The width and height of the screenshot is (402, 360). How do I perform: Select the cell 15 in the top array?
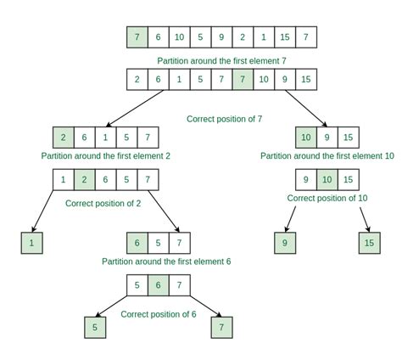(x=286, y=37)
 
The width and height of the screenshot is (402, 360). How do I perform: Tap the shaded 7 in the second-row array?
(x=243, y=79)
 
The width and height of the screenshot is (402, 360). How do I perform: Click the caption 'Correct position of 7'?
(x=225, y=119)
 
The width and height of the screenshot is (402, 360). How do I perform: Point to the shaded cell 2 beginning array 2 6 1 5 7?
(x=64, y=137)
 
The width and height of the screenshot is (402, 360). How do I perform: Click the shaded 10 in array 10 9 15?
(x=306, y=137)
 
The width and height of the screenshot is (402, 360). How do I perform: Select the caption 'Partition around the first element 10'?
(x=327, y=156)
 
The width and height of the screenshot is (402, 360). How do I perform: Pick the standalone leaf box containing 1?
(x=32, y=243)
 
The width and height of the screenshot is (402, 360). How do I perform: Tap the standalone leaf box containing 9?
(x=286, y=243)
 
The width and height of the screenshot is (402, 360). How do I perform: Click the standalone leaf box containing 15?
(x=370, y=243)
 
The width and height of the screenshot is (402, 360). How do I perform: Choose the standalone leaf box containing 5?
(x=96, y=327)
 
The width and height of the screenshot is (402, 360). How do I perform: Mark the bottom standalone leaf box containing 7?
(x=223, y=327)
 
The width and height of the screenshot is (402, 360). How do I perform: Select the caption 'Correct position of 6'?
(x=159, y=313)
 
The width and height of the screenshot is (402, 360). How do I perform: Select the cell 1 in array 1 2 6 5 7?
(x=64, y=179)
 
